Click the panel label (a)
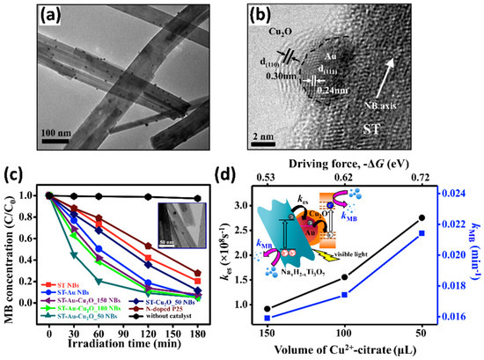point(26,18)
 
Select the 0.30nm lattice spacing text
point(297,100)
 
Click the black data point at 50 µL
point(447,217)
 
